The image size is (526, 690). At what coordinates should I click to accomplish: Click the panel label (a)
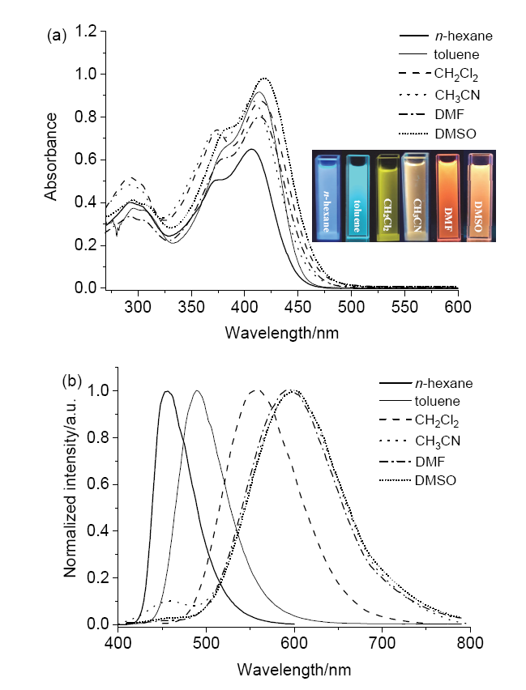(56, 35)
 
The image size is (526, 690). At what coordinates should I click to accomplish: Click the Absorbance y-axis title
(51, 156)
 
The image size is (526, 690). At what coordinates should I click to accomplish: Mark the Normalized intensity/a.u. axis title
(72, 502)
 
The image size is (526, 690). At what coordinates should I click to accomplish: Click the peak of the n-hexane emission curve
(167, 392)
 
